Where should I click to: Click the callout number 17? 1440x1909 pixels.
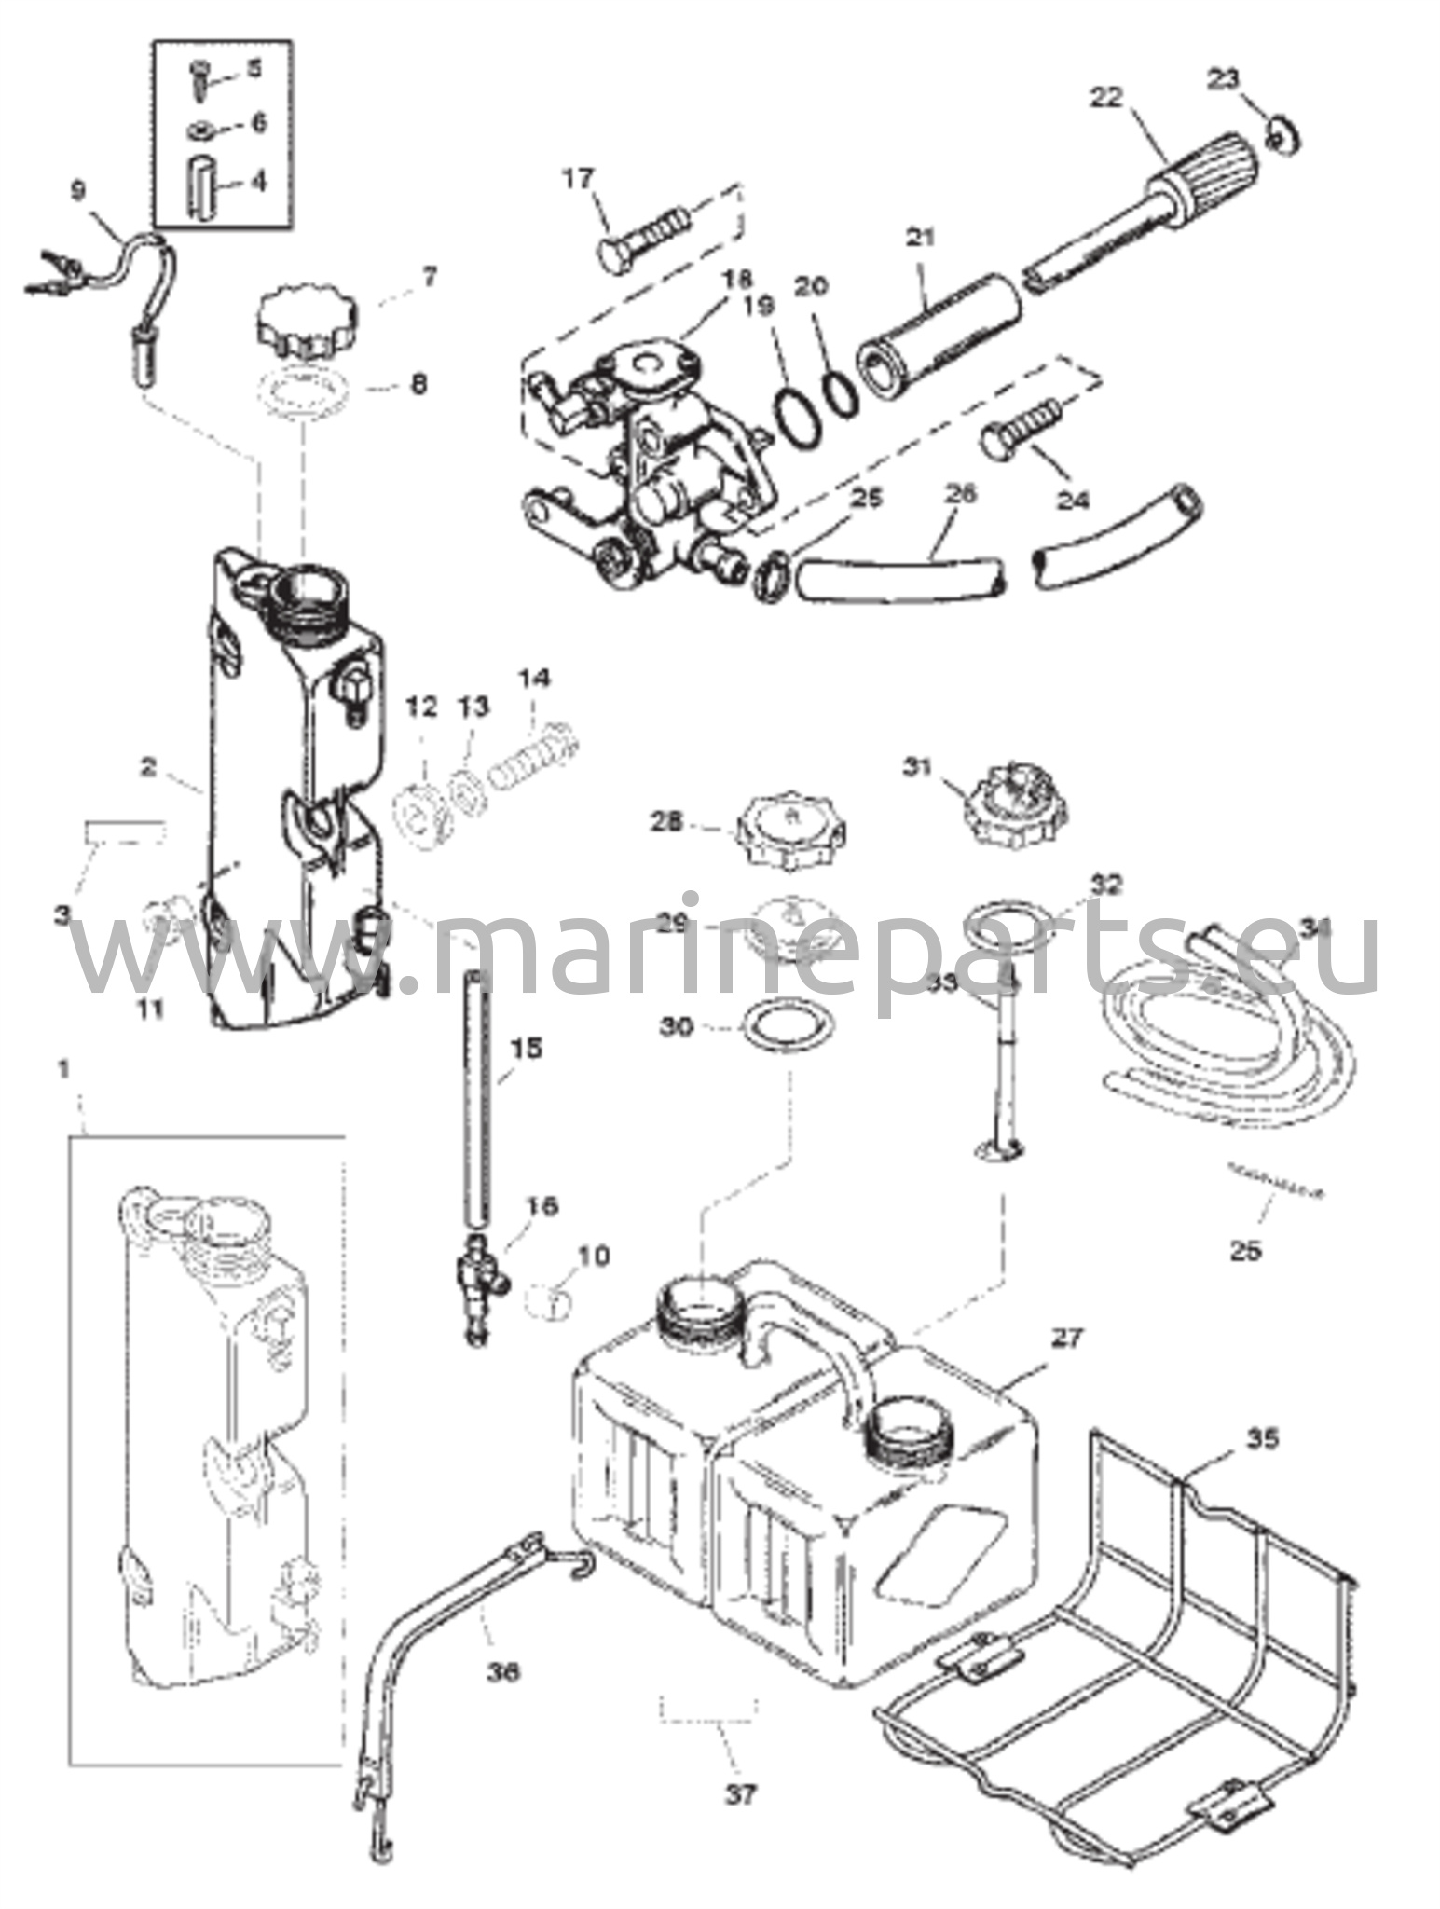click(x=579, y=177)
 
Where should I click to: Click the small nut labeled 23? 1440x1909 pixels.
click(x=1283, y=135)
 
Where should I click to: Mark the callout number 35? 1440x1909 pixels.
click(x=1261, y=1438)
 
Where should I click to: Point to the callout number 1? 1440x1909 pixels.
click(x=64, y=1069)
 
